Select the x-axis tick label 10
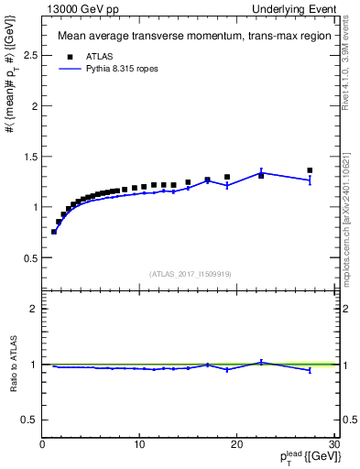click(x=139, y=445)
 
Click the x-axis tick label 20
click(x=236, y=445)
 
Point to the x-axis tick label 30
click(x=333, y=445)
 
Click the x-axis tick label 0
click(x=42, y=445)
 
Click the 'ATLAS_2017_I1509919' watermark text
click(x=190, y=274)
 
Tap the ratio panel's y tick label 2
click(x=34, y=309)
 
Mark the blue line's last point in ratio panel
click(x=310, y=370)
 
